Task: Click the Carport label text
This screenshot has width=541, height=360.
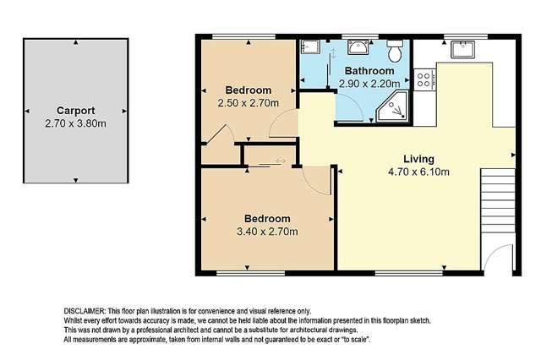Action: pos(75,110)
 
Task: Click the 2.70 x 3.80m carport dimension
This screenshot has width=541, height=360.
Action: pos(75,123)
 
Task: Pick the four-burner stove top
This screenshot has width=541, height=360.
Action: pos(424,79)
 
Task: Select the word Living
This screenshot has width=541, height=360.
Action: pos(418,159)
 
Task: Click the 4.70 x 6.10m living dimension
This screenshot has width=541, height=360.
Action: pos(418,172)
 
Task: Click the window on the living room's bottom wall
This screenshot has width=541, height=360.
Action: pos(408,273)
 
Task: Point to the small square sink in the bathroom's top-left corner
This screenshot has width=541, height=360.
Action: pos(311,47)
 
